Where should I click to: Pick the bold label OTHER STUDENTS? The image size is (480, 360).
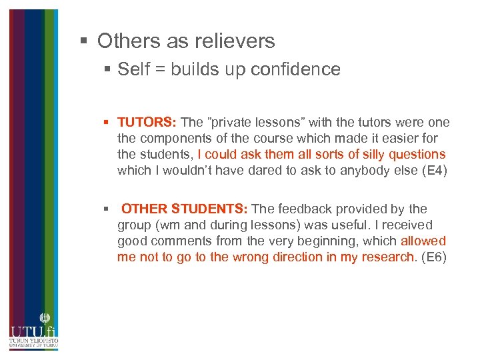pos(184,209)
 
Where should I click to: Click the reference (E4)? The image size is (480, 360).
pos(431,171)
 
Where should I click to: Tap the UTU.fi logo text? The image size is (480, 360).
pos(33,331)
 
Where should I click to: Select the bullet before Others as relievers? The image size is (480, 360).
pos(84,41)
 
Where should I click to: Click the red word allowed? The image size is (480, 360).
pos(423,241)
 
